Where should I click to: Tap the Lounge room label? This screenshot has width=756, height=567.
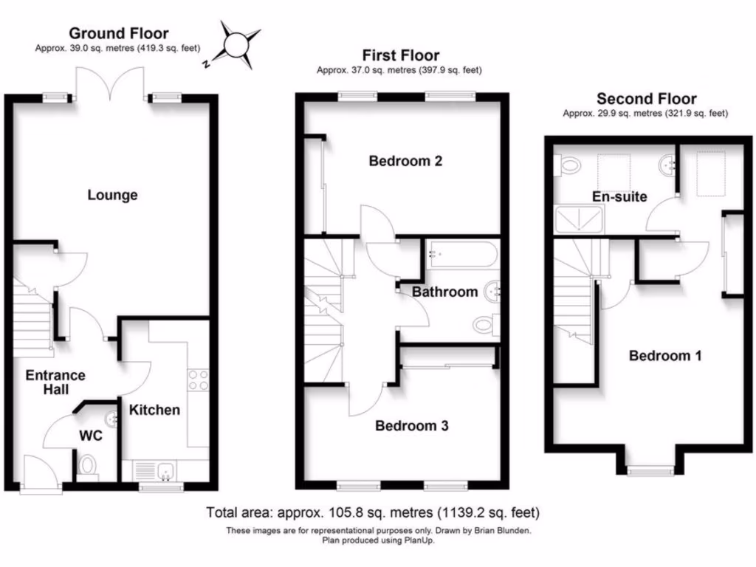tap(113, 195)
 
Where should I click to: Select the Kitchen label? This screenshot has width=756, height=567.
tap(155, 410)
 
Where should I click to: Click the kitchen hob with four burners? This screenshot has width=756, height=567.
tap(198, 379)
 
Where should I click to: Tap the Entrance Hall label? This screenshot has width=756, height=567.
tap(55, 382)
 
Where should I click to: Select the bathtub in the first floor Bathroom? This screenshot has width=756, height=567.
tap(462, 255)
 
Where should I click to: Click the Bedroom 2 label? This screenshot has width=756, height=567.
tap(405, 161)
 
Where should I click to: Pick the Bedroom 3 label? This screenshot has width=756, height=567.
tap(411, 426)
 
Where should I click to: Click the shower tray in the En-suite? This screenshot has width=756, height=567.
tap(580, 218)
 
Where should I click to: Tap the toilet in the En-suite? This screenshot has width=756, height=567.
tap(570, 165)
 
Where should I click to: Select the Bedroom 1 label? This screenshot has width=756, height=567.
tap(664, 356)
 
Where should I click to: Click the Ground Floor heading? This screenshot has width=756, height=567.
tap(118, 33)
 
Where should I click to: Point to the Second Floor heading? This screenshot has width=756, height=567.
tap(646, 99)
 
